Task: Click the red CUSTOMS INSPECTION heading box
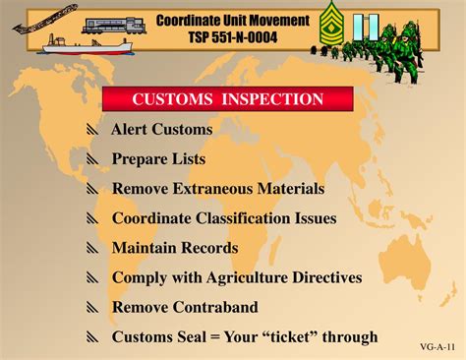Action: click(228, 98)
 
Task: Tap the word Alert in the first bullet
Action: click(129, 129)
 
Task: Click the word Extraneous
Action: click(216, 188)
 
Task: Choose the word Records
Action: click(207, 248)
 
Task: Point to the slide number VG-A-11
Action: click(436, 348)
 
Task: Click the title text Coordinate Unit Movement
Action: click(232, 21)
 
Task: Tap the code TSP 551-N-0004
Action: click(232, 37)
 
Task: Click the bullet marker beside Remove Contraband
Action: click(92, 309)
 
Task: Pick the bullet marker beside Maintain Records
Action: click(92, 249)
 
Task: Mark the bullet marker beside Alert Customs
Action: click(92, 130)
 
